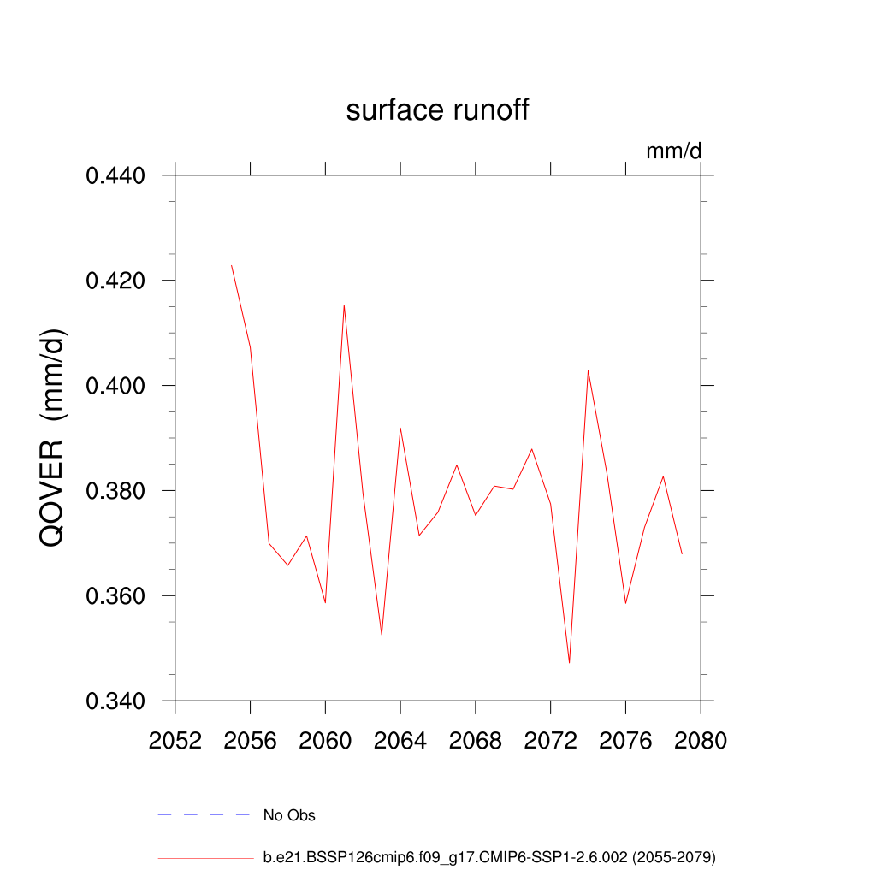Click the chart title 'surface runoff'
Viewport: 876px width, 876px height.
(x=437, y=110)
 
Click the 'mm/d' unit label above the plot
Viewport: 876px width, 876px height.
(x=673, y=151)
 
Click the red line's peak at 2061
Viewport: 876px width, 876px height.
(x=344, y=305)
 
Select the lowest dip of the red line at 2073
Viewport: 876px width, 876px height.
(x=569, y=663)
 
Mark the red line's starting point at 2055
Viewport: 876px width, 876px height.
(x=231, y=265)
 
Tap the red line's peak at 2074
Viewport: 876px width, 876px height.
(x=588, y=370)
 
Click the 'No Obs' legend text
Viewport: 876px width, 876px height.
(x=289, y=815)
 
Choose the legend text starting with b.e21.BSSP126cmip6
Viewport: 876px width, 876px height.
(x=489, y=856)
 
